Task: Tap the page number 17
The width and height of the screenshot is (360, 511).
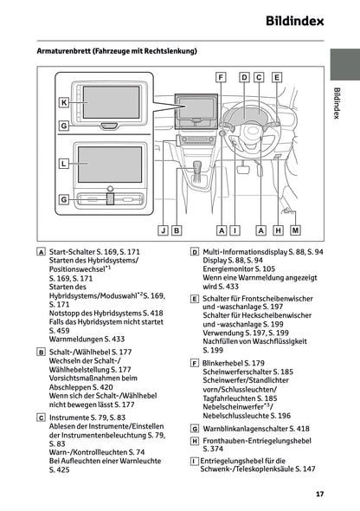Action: click(319, 494)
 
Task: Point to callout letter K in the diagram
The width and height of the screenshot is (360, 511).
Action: click(64, 102)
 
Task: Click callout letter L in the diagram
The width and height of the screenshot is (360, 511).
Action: click(64, 163)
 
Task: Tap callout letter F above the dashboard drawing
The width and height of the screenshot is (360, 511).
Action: click(222, 77)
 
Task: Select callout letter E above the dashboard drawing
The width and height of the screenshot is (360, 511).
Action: click(277, 77)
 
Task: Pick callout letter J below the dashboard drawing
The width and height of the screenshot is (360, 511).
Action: click(163, 230)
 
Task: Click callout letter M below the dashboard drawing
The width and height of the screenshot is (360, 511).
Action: click(296, 230)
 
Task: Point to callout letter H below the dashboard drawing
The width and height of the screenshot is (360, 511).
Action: click(278, 230)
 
